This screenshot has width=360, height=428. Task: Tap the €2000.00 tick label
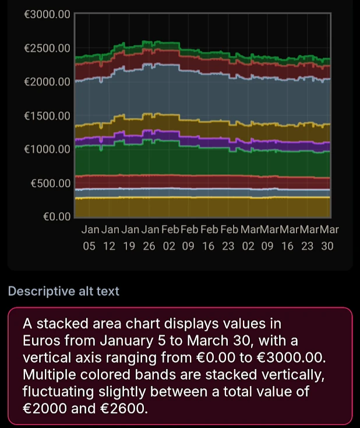(x=46, y=82)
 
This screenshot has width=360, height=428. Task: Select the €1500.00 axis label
(x=46, y=115)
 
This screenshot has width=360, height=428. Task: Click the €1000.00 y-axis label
(x=46, y=149)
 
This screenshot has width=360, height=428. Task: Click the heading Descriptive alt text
(x=63, y=291)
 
